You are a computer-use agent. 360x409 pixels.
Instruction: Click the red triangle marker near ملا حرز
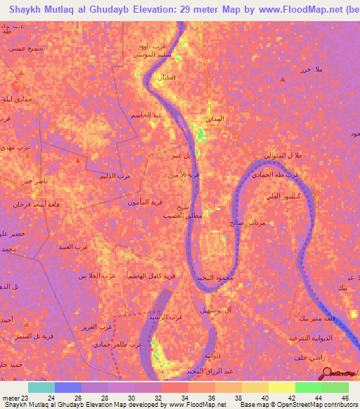[283, 79]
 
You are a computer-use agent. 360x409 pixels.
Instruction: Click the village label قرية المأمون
[145, 202]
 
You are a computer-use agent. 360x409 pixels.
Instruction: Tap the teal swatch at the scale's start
[41, 387]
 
